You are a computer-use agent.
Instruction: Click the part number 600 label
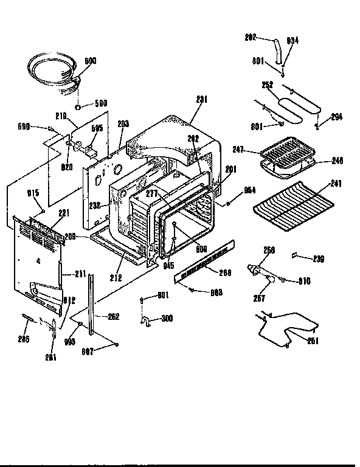coord(91,61)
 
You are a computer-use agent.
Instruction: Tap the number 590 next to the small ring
coord(100,104)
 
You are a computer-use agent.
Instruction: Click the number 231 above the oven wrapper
coord(202,100)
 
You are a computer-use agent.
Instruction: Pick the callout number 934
coord(292,41)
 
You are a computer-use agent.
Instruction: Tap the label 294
coord(337,117)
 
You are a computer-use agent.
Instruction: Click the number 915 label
coord(33,193)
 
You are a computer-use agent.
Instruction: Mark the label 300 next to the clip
coord(167,318)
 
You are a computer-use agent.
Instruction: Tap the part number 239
coord(318,258)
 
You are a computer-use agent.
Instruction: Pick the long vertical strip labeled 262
coord(92,304)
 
